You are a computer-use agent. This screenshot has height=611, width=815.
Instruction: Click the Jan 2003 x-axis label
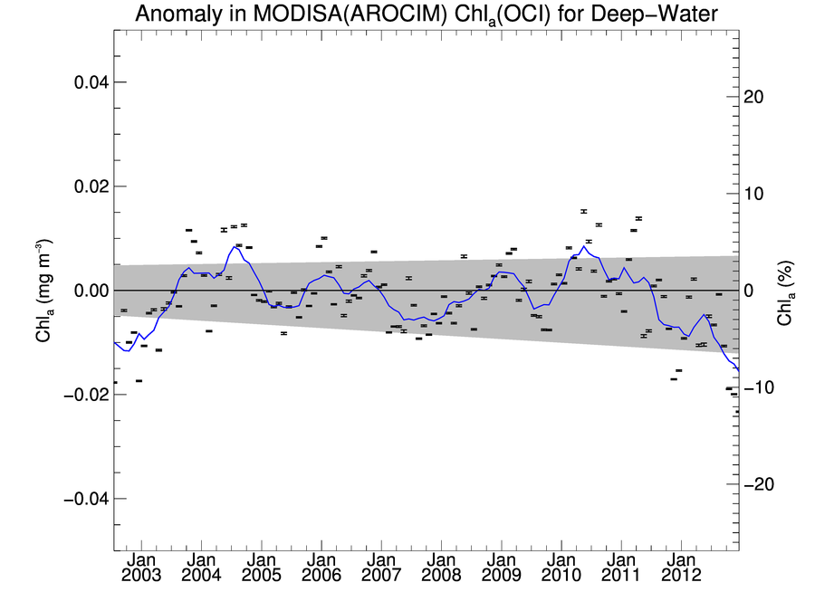coord(142,568)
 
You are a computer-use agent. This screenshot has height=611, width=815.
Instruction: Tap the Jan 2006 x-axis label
coord(321,568)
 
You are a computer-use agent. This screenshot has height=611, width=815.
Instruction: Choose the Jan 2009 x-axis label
coord(501,568)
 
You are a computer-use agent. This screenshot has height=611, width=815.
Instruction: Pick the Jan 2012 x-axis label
coord(680,568)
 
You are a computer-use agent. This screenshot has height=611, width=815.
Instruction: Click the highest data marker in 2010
coord(584,211)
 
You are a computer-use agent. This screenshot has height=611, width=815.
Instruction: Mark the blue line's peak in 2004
coord(235,246)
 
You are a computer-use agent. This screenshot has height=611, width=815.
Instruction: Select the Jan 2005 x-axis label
coord(262,568)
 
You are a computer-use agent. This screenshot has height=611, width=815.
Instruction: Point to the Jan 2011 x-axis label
coord(620,568)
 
